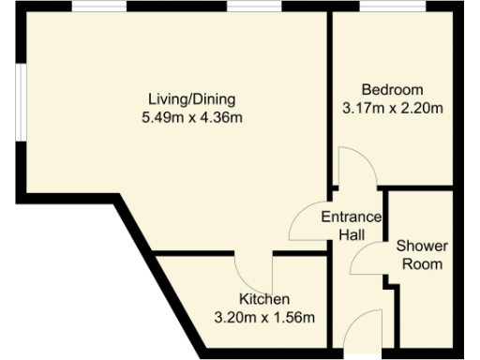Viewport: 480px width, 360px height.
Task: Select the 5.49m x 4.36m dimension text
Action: [x=191, y=117]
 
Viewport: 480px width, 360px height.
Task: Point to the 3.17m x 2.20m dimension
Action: [x=393, y=108]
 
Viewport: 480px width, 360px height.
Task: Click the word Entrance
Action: [x=352, y=217]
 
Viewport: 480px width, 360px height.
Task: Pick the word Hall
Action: [x=352, y=234]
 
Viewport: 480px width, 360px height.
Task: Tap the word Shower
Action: [x=422, y=246]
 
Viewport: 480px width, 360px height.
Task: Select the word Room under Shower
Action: [x=422, y=263]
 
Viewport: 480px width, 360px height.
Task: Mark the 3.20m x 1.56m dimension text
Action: [x=264, y=317]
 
